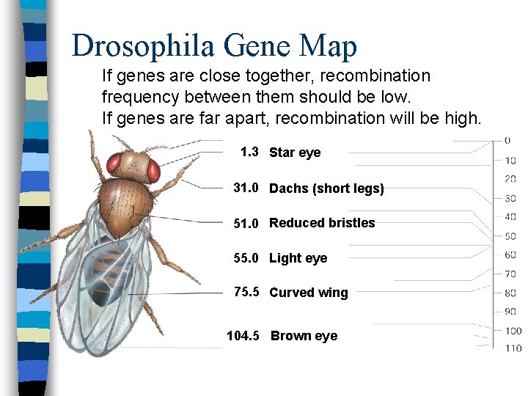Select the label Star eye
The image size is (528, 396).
pos(295,153)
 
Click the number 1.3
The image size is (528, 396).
pos(249,152)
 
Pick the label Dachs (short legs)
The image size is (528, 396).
pos(326,188)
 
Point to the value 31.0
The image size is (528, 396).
pos(246,188)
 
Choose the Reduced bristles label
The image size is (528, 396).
pos(322,223)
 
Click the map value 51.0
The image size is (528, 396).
pos(246,224)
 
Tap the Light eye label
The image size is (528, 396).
pos(298,258)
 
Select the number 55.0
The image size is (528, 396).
pos(246,258)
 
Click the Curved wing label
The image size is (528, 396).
pos(309,293)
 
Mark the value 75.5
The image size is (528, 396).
pos(246,292)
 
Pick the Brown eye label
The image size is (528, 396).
pos(304,336)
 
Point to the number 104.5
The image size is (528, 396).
pos(243,336)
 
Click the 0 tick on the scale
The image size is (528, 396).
pos(507,140)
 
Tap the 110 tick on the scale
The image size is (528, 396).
pos(513,348)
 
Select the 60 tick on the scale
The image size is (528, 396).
pos(510,254)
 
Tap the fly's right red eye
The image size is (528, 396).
pos(153,170)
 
